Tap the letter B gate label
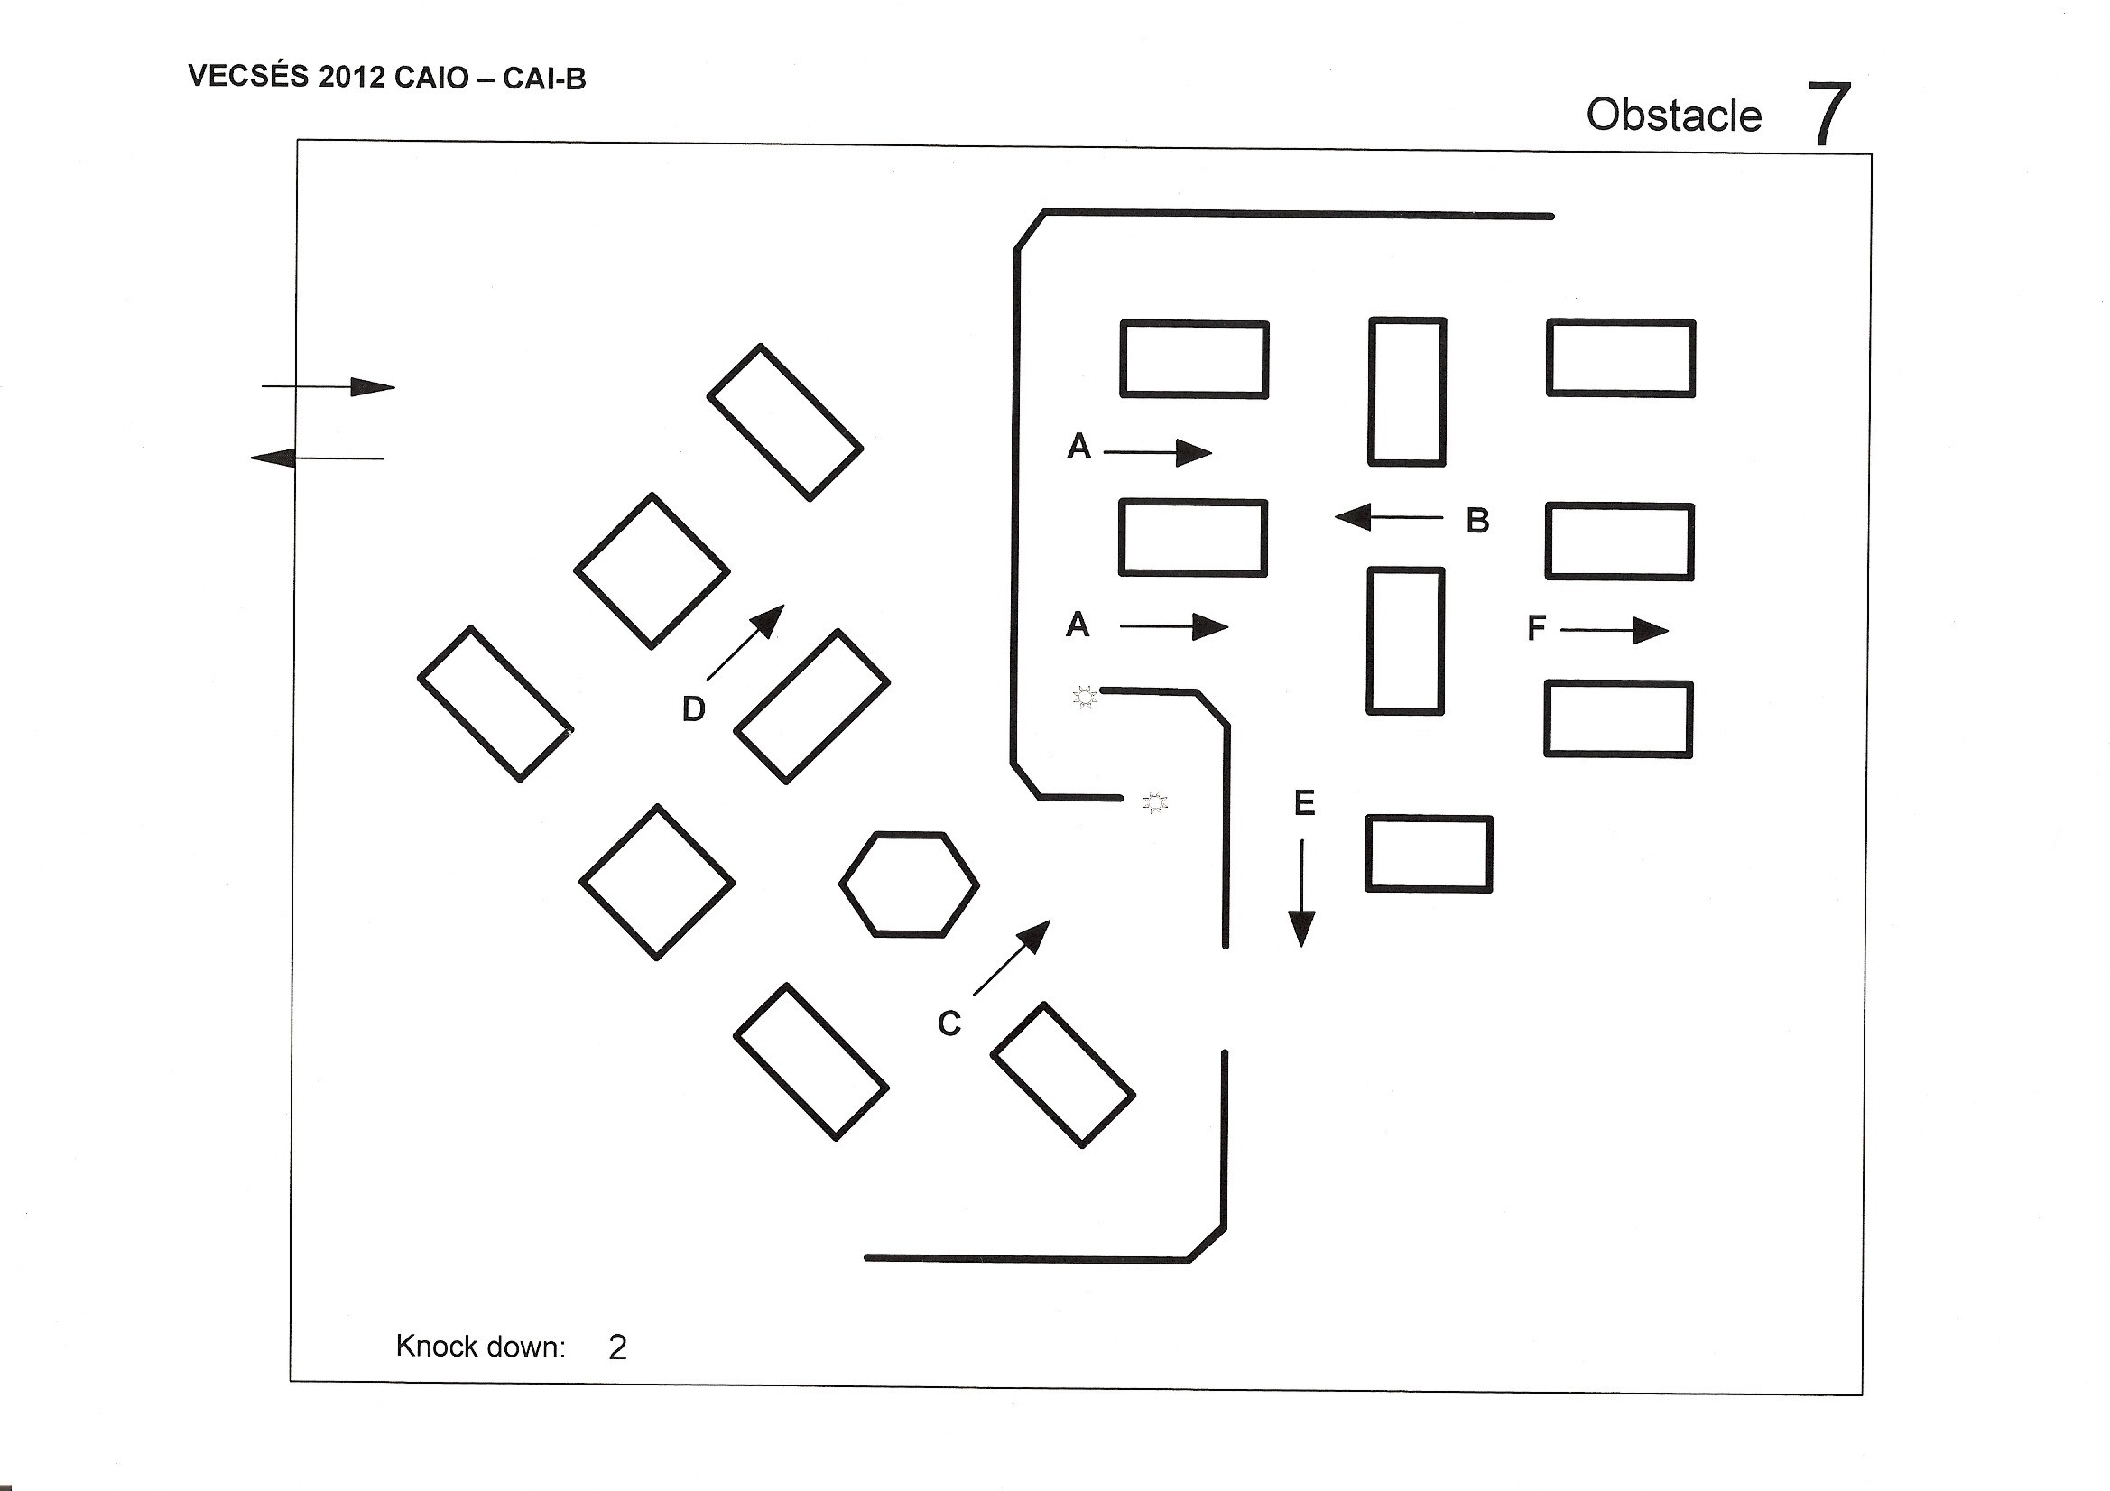tap(1477, 520)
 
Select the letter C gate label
tap(949, 1023)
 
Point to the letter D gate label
tap(694, 708)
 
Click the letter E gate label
tap(1304, 803)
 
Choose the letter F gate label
tap(1536, 629)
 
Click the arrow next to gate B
tap(1389, 516)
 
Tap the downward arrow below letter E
tap(1301, 893)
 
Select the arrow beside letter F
tap(1615, 631)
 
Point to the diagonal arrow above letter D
tap(745, 643)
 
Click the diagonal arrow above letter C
tap(1012, 957)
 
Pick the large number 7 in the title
tap(1828, 114)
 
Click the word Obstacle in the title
tap(1674, 116)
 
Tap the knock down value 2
tap(617, 1347)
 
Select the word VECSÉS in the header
tap(248, 77)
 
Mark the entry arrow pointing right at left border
tap(329, 387)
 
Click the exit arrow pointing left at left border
tap(317, 457)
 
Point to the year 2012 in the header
tap(352, 79)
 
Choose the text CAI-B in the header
tap(544, 79)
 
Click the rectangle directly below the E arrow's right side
tap(1428, 854)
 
